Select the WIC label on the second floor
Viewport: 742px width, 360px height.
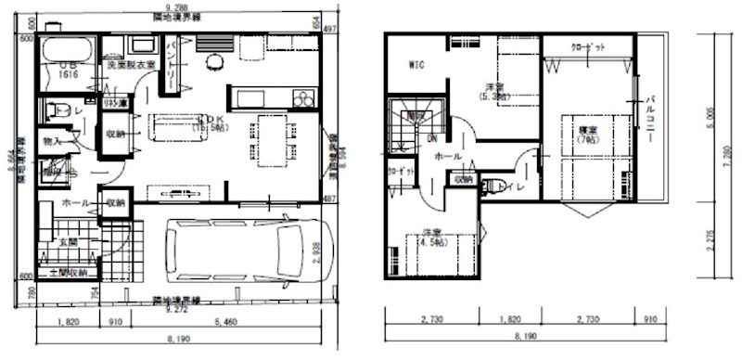pyautogui.click(x=416, y=65)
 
